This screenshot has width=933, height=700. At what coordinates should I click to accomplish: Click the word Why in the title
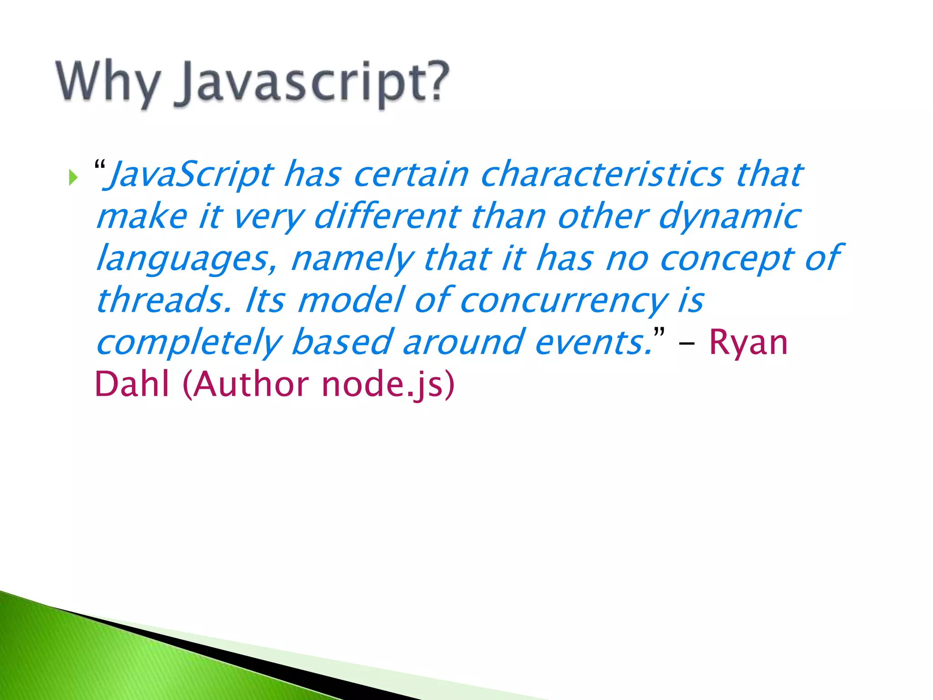click(108, 82)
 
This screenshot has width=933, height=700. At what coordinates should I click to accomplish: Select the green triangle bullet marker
click(73, 177)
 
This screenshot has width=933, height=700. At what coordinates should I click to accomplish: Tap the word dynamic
click(729, 217)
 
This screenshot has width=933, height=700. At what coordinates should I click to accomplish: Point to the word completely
click(189, 343)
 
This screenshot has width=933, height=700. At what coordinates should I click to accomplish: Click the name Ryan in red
click(748, 343)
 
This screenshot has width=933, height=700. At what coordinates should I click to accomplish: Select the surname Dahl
click(132, 384)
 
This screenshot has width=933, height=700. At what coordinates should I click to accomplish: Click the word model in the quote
click(351, 300)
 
